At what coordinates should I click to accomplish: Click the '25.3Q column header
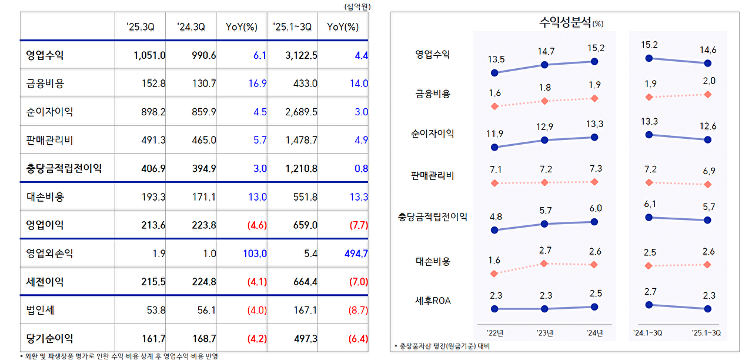coord(140,26)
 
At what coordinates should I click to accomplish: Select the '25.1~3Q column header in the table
coord(293,26)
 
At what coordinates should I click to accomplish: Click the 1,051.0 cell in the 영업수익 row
coord(149,55)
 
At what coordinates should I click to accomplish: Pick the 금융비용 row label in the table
coord(45,84)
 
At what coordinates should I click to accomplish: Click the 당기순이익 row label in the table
coord(50,338)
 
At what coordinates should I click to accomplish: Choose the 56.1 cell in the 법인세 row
coord(206,310)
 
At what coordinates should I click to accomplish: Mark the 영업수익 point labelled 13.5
coord(494,73)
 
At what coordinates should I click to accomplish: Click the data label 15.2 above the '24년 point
coord(595,48)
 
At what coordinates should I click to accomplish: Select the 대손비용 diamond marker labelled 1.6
coord(494,274)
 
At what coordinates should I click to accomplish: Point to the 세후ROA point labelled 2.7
coord(649,305)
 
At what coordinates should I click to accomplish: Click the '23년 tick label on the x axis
coord(544,333)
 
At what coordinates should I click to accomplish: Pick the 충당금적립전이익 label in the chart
coord(433,217)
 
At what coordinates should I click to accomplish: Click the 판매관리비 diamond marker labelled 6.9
coord(707,185)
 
